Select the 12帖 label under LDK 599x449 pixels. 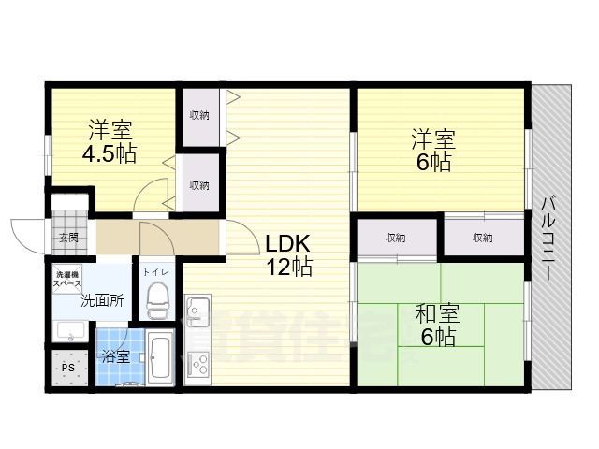point(289,268)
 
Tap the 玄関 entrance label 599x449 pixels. point(67,238)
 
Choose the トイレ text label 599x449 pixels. point(155,272)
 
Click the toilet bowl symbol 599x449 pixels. point(156,301)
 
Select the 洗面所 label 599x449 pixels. point(101,301)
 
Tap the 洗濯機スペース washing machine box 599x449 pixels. point(67,278)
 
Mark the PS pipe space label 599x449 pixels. point(67,367)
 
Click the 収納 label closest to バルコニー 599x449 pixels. point(483,238)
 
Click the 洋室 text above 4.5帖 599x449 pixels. point(110,128)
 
